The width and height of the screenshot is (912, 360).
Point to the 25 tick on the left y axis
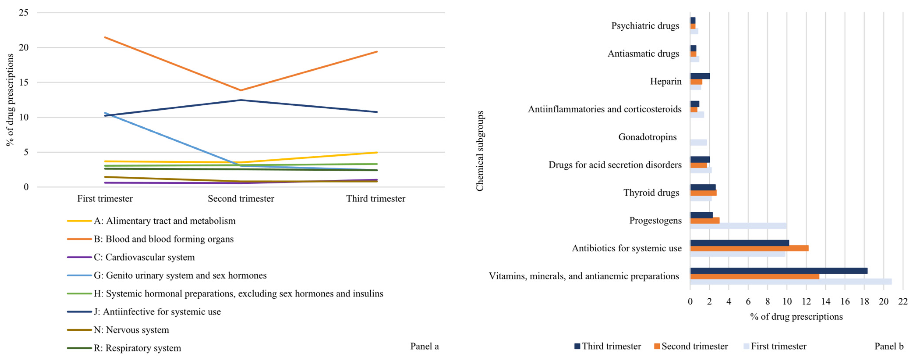click(23, 13)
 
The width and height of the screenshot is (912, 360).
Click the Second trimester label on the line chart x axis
click(241, 199)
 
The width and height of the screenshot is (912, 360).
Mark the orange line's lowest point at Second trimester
click(241, 90)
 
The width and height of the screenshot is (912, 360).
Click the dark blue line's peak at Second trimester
click(241, 100)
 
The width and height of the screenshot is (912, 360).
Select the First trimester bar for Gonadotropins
click(698, 142)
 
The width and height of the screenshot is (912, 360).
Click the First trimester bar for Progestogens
click(738, 226)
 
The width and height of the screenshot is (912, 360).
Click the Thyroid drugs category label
click(651, 192)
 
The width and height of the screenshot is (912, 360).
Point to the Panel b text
click(889, 346)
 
